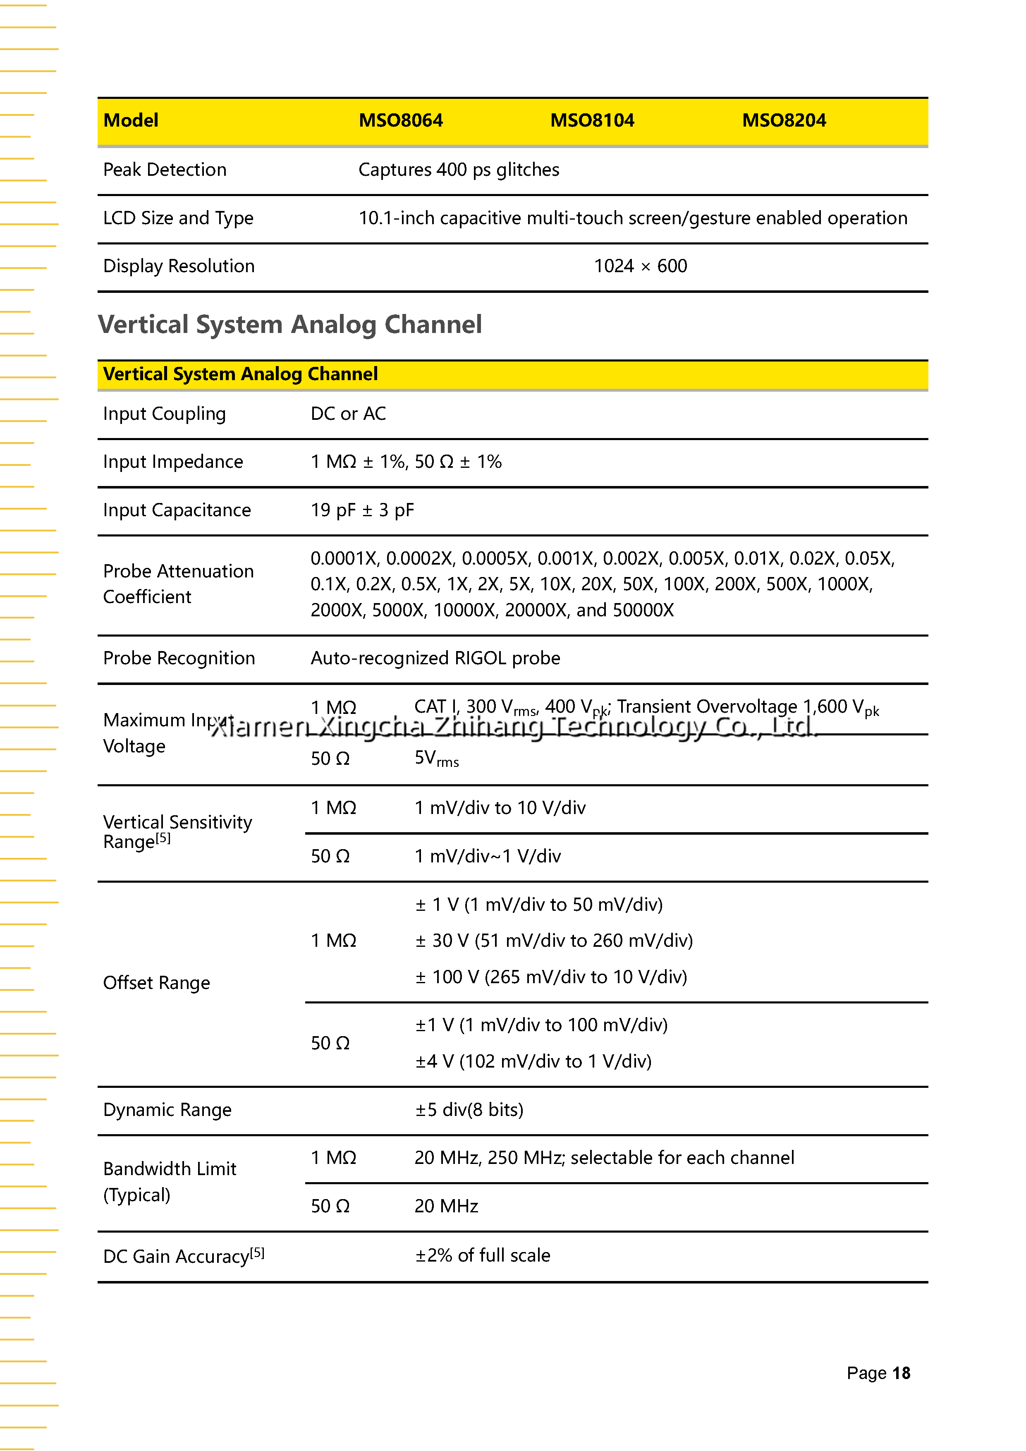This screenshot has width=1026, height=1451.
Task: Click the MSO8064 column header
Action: (x=401, y=120)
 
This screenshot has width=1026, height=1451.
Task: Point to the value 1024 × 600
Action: (x=640, y=266)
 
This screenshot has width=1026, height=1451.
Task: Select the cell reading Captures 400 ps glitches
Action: (x=459, y=169)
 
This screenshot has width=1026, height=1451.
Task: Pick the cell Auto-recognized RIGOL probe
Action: (x=435, y=658)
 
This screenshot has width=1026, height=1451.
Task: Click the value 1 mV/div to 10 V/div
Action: (x=500, y=808)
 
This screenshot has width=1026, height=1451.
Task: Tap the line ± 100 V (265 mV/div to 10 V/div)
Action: (x=551, y=977)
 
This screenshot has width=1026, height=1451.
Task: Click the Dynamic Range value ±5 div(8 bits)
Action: (x=469, y=1110)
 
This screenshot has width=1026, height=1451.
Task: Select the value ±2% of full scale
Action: (x=482, y=1255)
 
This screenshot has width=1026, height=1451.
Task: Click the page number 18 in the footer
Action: (x=901, y=1373)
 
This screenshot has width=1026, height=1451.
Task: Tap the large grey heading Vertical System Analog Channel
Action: (x=290, y=325)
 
